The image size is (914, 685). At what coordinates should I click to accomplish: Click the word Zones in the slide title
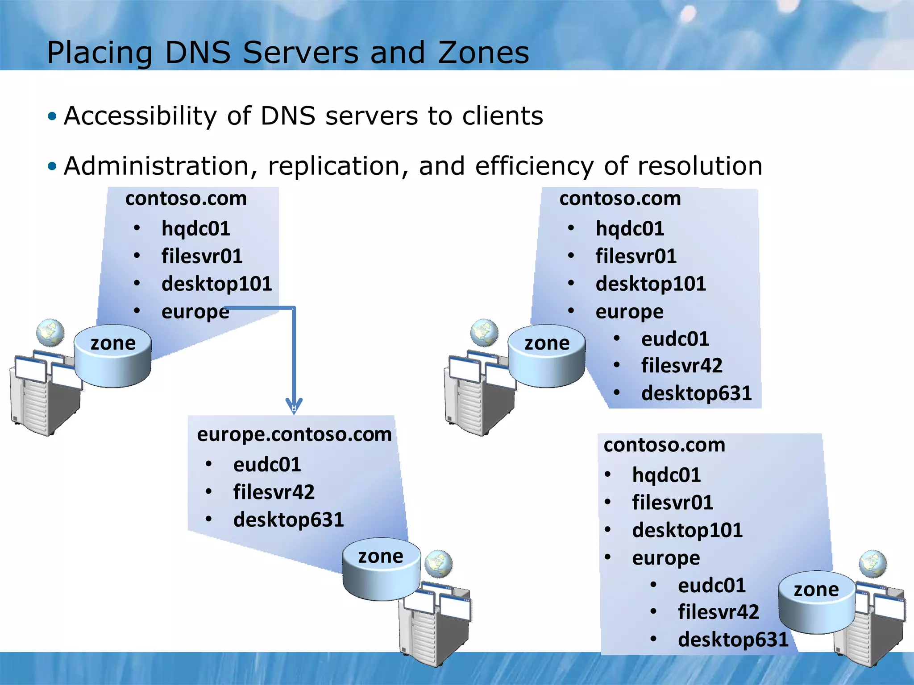pyautogui.click(x=483, y=53)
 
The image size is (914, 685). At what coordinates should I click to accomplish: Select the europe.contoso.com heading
pyautogui.click(x=294, y=434)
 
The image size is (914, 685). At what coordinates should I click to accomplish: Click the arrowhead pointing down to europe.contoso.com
pyautogui.click(x=294, y=405)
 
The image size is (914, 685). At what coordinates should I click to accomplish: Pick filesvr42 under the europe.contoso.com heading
pyautogui.click(x=274, y=492)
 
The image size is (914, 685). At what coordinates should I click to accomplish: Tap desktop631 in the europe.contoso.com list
pyautogui.click(x=288, y=520)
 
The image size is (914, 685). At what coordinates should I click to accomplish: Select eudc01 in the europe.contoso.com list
pyautogui.click(x=267, y=465)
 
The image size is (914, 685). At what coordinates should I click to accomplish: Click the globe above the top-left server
pyautogui.click(x=50, y=333)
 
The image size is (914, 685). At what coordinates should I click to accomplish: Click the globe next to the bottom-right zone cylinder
pyautogui.click(x=872, y=564)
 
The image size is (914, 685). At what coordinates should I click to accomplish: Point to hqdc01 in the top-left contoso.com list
pyautogui.click(x=195, y=228)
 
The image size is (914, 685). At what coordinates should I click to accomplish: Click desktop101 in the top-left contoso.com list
pyautogui.click(x=216, y=284)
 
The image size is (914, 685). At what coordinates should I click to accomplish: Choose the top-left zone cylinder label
pyautogui.click(x=113, y=343)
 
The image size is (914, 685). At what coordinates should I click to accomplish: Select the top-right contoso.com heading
pyautogui.click(x=620, y=198)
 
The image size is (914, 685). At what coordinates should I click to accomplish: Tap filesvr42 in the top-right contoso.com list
pyautogui.click(x=681, y=366)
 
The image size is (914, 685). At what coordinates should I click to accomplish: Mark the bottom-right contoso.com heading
pyautogui.click(x=664, y=445)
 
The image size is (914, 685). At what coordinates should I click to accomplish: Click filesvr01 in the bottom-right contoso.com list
pyautogui.click(x=672, y=503)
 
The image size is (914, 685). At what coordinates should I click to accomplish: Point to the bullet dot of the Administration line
pyautogui.click(x=53, y=166)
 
